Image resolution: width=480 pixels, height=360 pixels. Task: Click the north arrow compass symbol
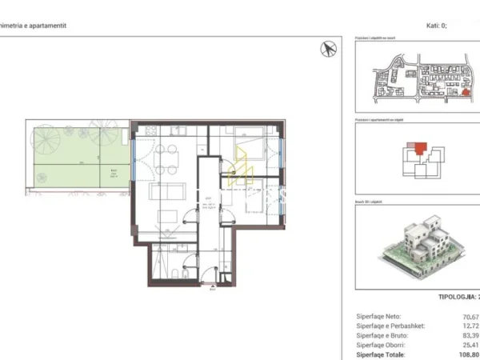[328, 49]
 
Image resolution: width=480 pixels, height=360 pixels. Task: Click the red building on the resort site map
[464, 93]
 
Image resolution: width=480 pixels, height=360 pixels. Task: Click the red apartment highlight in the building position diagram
[420, 146]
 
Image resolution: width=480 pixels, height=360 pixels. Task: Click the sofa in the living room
[167, 193]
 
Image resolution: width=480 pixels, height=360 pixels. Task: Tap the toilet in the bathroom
[185, 274]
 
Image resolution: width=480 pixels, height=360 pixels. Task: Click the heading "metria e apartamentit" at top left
[34, 26]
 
